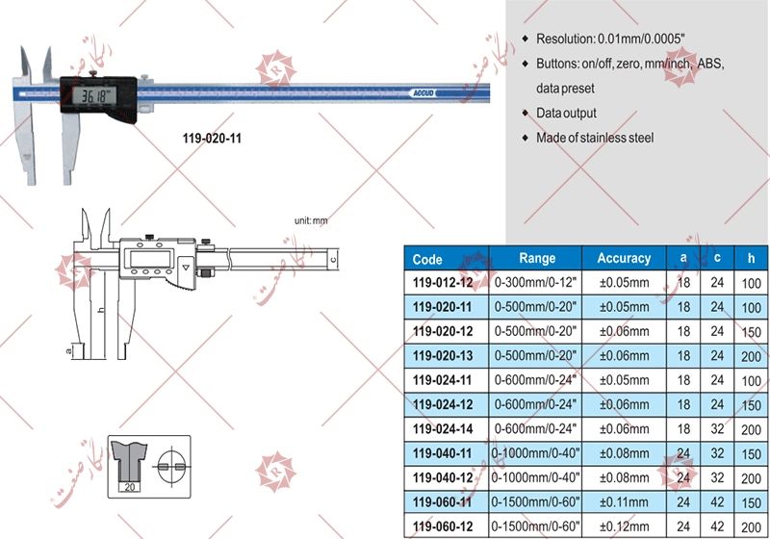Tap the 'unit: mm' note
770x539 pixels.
[x=311, y=221]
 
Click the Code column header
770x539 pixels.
[x=427, y=259]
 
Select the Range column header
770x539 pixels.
[x=537, y=258]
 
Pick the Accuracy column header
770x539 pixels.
[x=624, y=258]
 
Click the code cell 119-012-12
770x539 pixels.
[x=443, y=284]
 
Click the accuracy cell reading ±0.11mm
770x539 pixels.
[x=624, y=501]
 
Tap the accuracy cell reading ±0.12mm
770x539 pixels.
[x=624, y=526]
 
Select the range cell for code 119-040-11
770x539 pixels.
[x=537, y=452]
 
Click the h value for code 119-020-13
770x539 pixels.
[x=750, y=356]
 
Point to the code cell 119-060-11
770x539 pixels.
[x=443, y=501]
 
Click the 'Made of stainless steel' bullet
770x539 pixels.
[x=595, y=138]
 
